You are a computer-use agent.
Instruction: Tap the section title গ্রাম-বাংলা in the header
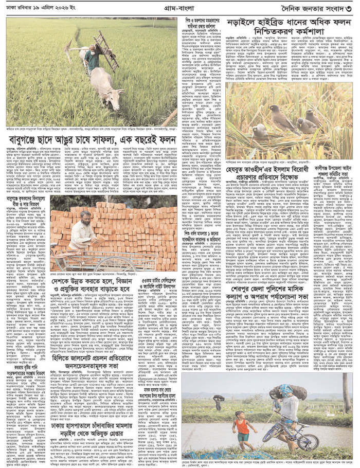[179, 7]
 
